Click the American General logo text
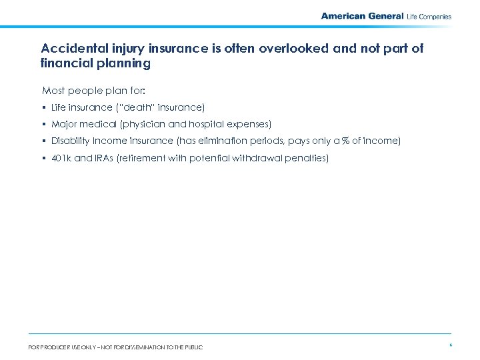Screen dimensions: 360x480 click(x=362, y=16)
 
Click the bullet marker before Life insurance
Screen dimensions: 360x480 click(x=44, y=107)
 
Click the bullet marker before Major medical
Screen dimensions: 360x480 click(x=44, y=124)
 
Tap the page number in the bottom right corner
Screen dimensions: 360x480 click(x=451, y=345)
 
